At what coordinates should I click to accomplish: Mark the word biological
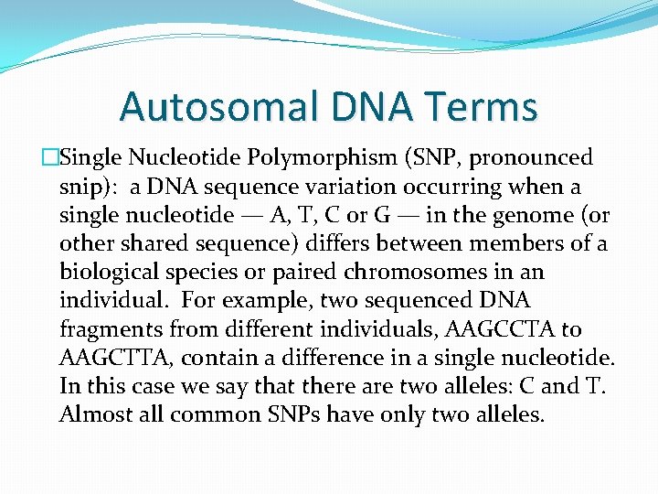(104, 273)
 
